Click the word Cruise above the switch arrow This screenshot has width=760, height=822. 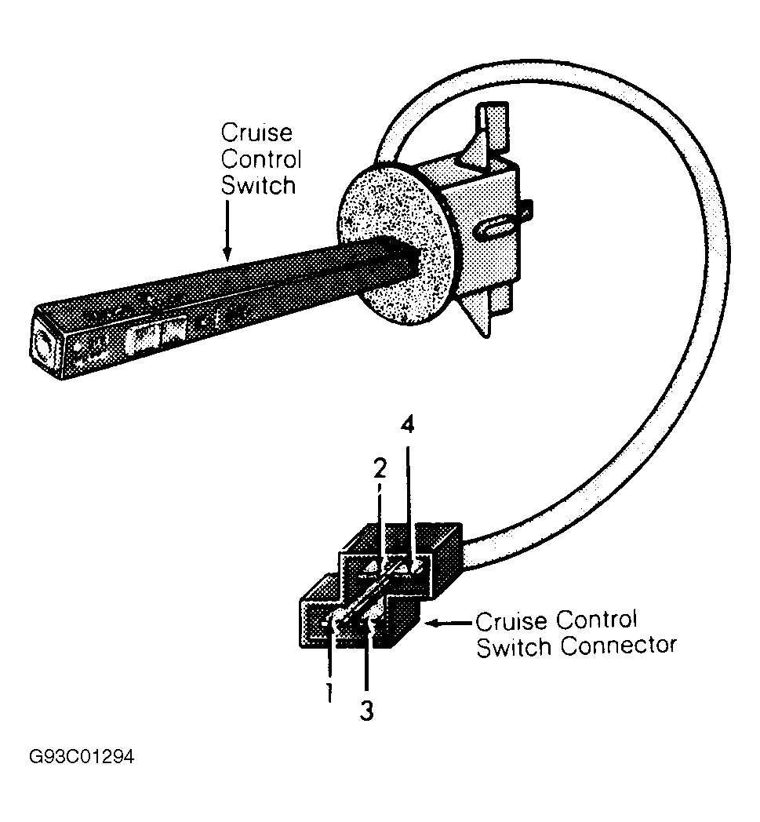click(256, 133)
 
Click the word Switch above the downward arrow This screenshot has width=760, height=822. click(258, 186)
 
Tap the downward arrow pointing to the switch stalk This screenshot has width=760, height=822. click(227, 230)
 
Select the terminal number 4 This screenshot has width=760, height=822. click(407, 425)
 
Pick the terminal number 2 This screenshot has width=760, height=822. click(380, 468)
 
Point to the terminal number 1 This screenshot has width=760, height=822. click(329, 693)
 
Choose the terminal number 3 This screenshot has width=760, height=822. click(367, 711)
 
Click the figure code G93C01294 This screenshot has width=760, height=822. click(82, 757)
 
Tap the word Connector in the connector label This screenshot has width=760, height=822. click(619, 646)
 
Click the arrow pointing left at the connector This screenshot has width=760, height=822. click(451, 624)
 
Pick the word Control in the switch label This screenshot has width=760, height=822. click(261, 159)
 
